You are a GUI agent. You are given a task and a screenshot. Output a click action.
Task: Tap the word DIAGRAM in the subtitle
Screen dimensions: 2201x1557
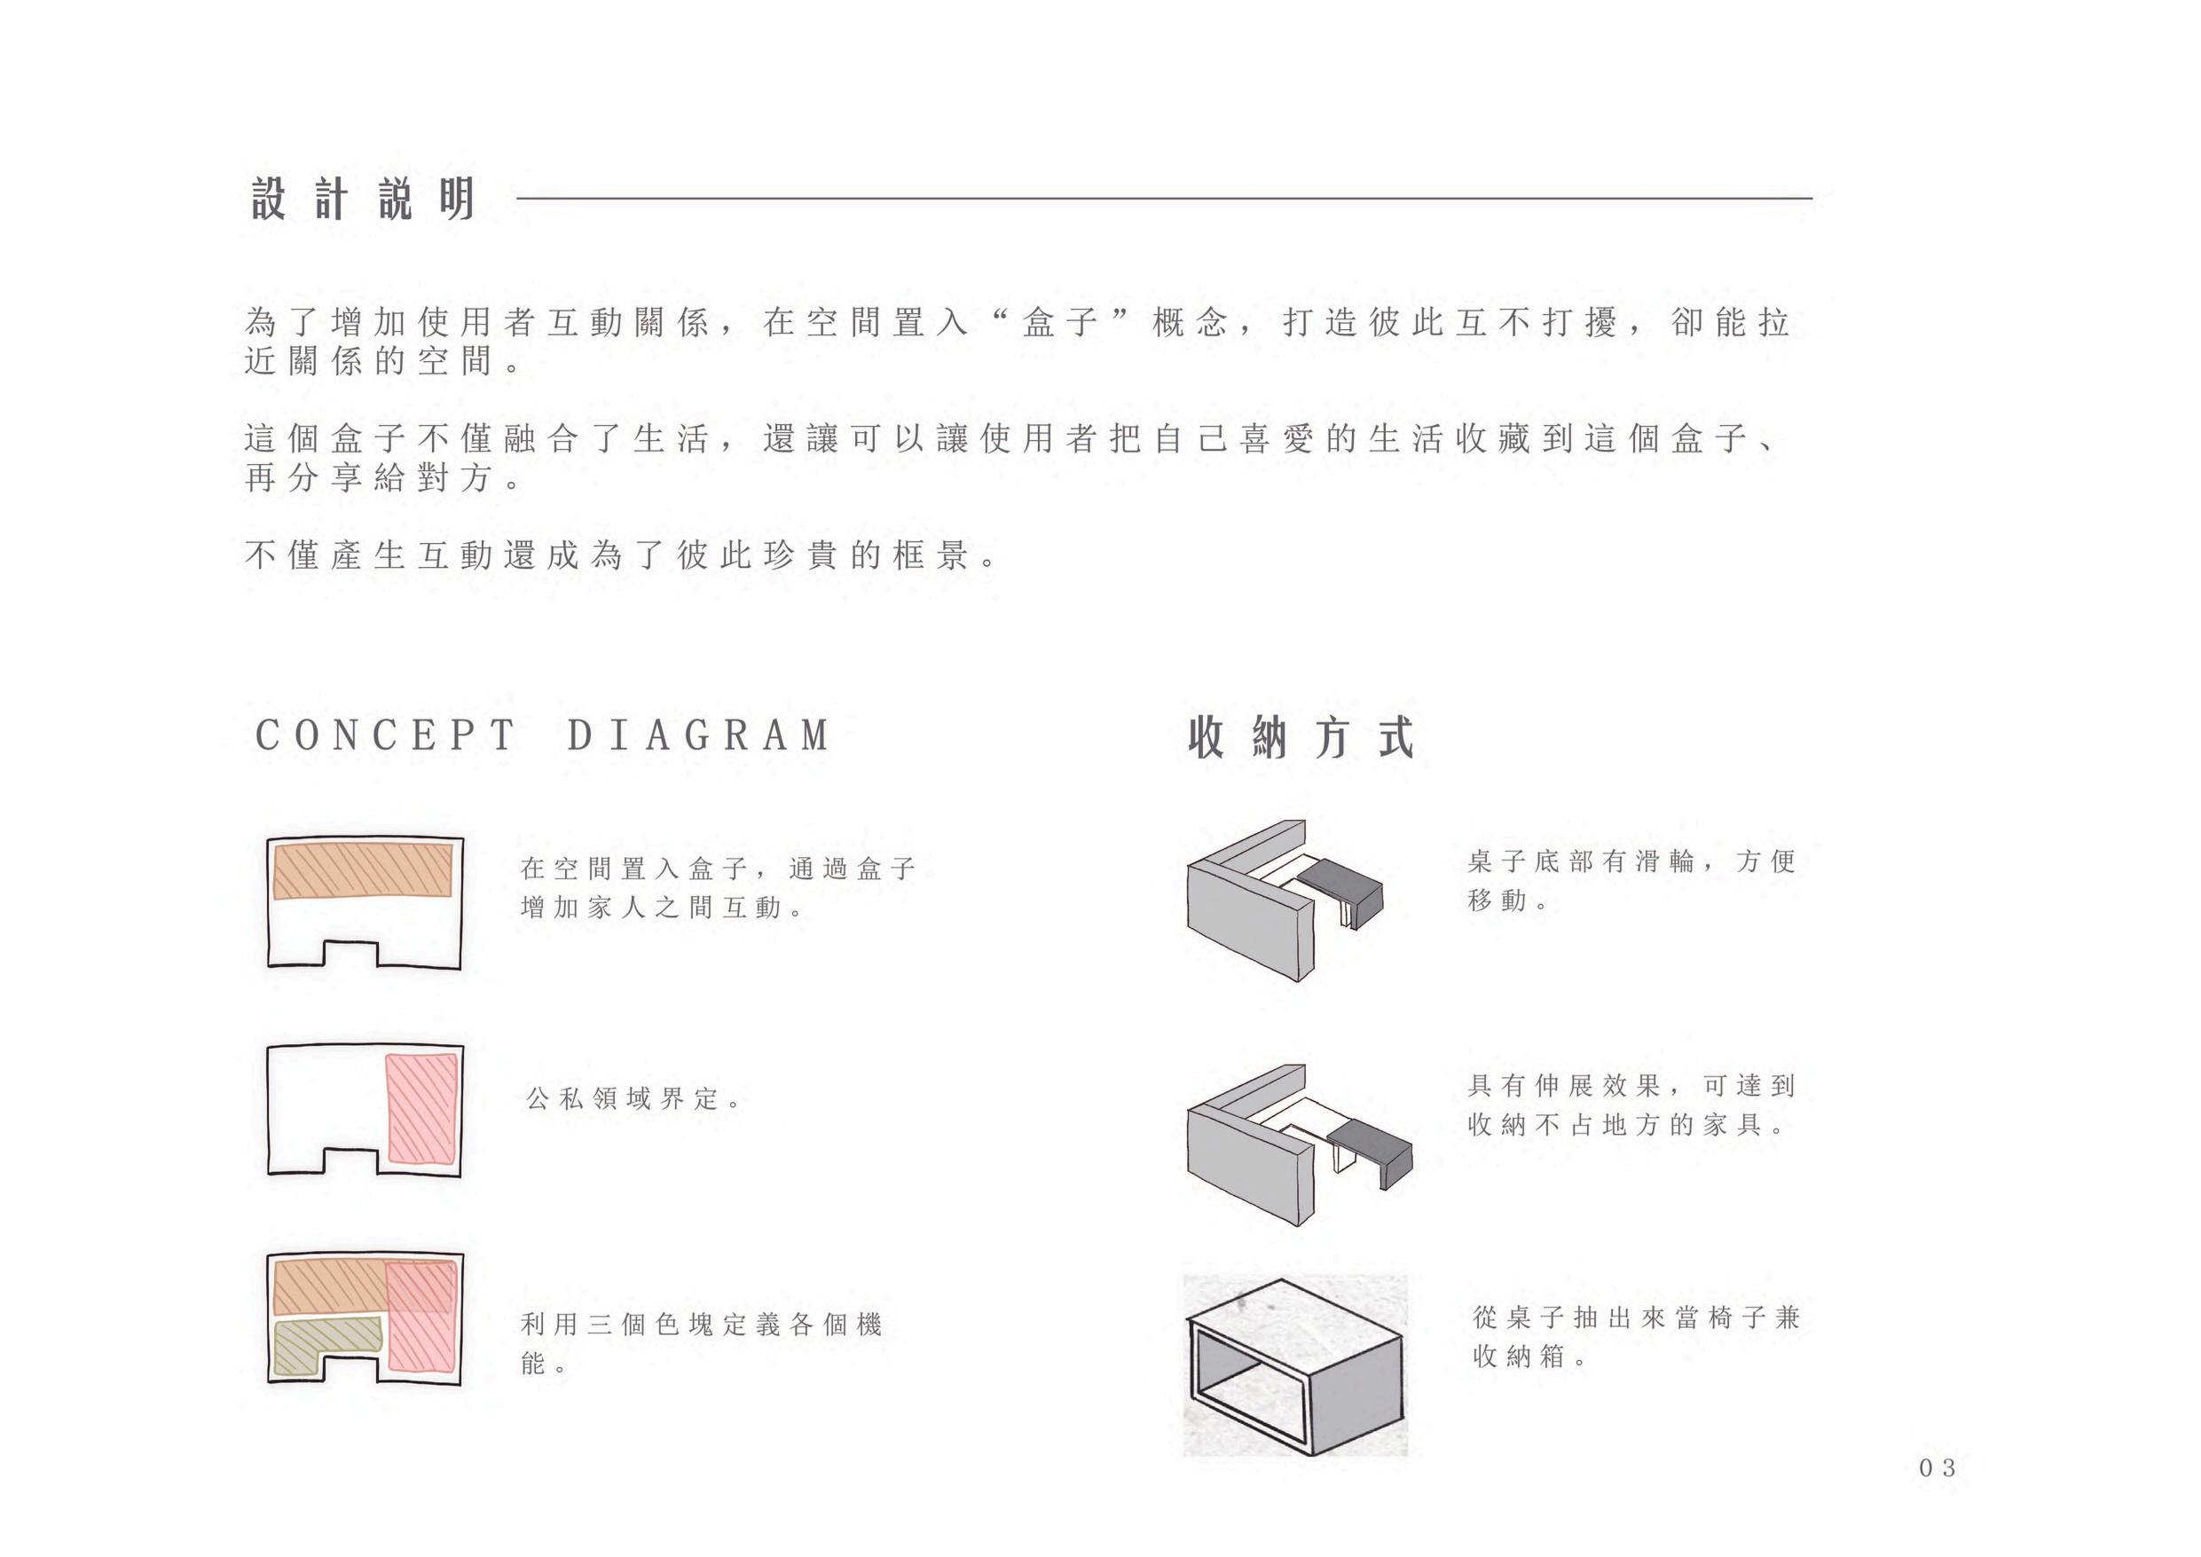coord(698,736)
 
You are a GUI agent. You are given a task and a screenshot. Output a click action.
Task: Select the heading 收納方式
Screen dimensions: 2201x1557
coord(1301,737)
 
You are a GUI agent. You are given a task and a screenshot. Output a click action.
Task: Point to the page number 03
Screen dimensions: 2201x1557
coord(1937,1467)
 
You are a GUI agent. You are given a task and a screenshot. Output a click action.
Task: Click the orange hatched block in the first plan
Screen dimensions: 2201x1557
coord(362,869)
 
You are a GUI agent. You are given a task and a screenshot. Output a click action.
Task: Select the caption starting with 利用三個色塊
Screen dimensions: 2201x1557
coord(700,1343)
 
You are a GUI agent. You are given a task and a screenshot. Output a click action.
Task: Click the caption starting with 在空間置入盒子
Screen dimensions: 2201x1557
coord(717,888)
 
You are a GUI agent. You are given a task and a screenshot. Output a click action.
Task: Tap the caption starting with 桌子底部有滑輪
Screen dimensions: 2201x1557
coord(1630,880)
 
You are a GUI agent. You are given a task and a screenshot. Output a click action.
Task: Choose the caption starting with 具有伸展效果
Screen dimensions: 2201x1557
coord(1630,1105)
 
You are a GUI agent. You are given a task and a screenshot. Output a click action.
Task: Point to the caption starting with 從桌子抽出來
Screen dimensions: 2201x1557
coord(1635,1336)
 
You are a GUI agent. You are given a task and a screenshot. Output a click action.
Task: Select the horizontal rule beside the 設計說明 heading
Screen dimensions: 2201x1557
coord(1164,199)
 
